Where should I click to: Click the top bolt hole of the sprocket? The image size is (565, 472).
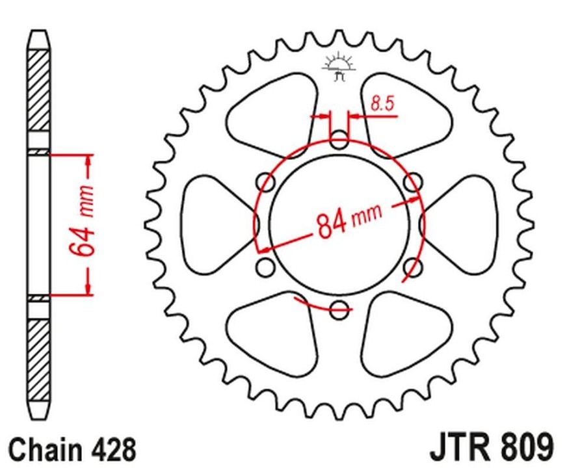(x=339, y=138)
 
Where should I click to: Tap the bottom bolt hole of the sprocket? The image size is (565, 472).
(x=339, y=309)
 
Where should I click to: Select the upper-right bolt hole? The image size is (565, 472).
(x=413, y=181)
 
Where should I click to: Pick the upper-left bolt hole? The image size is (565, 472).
(x=265, y=181)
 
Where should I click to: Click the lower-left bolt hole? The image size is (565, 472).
(x=265, y=267)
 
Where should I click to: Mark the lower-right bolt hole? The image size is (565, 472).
(x=413, y=267)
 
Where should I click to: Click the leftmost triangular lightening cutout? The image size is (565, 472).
(x=211, y=224)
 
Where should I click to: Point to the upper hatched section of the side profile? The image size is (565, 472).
(x=38, y=91)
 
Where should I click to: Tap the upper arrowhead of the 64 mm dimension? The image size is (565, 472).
(x=88, y=163)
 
